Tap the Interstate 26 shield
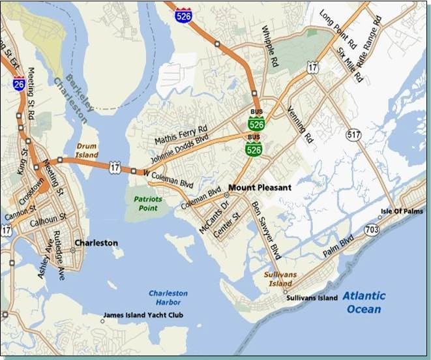click(x=19, y=83)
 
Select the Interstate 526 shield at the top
click(x=184, y=15)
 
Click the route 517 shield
click(x=354, y=135)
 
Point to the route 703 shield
click(x=372, y=229)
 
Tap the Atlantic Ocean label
click(x=365, y=302)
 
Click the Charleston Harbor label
click(x=168, y=298)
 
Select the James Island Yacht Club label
click(x=143, y=316)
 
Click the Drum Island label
click(x=87, y=151)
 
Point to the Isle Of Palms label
click(x=402, y=211)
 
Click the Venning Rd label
click(x=299, y=125)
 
